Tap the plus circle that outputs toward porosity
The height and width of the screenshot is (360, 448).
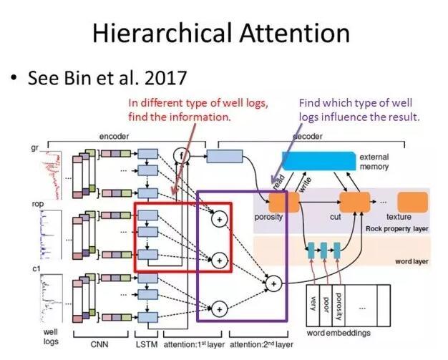pyautogui.click(x=272, y=284)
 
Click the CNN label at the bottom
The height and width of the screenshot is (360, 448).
pyautogui.click(x=99, y=344)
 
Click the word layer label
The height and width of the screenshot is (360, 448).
pyautogui.click(x=411, y=261)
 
